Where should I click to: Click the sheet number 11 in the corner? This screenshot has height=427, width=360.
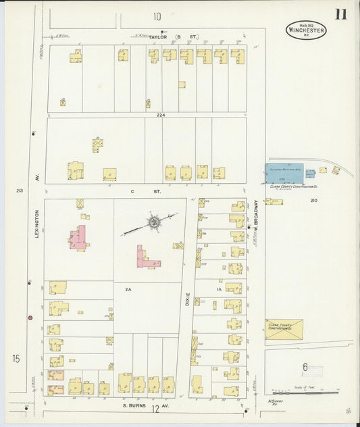point(340,14)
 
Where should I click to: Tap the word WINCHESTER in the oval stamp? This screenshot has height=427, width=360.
point(306,30)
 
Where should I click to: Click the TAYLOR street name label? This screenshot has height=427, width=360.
point(157,36)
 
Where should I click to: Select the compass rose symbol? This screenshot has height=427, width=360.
point(154,222)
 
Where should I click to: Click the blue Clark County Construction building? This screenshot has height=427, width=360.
point(284,173)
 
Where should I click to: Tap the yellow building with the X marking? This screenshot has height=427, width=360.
point(284,329)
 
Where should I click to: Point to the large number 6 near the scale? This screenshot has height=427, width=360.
point(305,368)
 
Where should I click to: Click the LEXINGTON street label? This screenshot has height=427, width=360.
point(38,223)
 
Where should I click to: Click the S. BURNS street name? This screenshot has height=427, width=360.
point(134,405)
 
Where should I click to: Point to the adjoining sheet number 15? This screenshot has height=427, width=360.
point(16,358)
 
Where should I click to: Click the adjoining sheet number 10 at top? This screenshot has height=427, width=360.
point(157,16)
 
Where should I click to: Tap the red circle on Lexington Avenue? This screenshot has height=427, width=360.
point(30,317)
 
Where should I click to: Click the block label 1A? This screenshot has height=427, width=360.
point(218,288)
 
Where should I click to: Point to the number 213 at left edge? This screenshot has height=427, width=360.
point(20,191)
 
